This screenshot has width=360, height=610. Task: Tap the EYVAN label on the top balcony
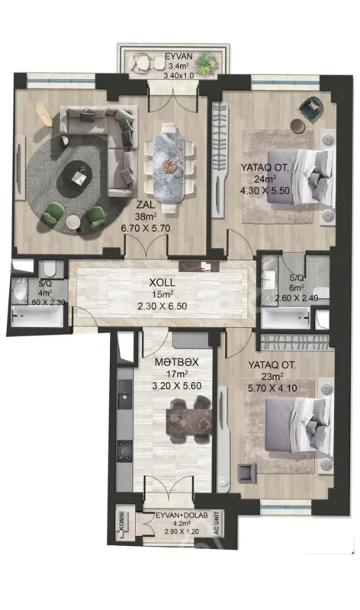tap(179, 56)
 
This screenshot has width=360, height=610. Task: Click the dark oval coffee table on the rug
tap(79, 176)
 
